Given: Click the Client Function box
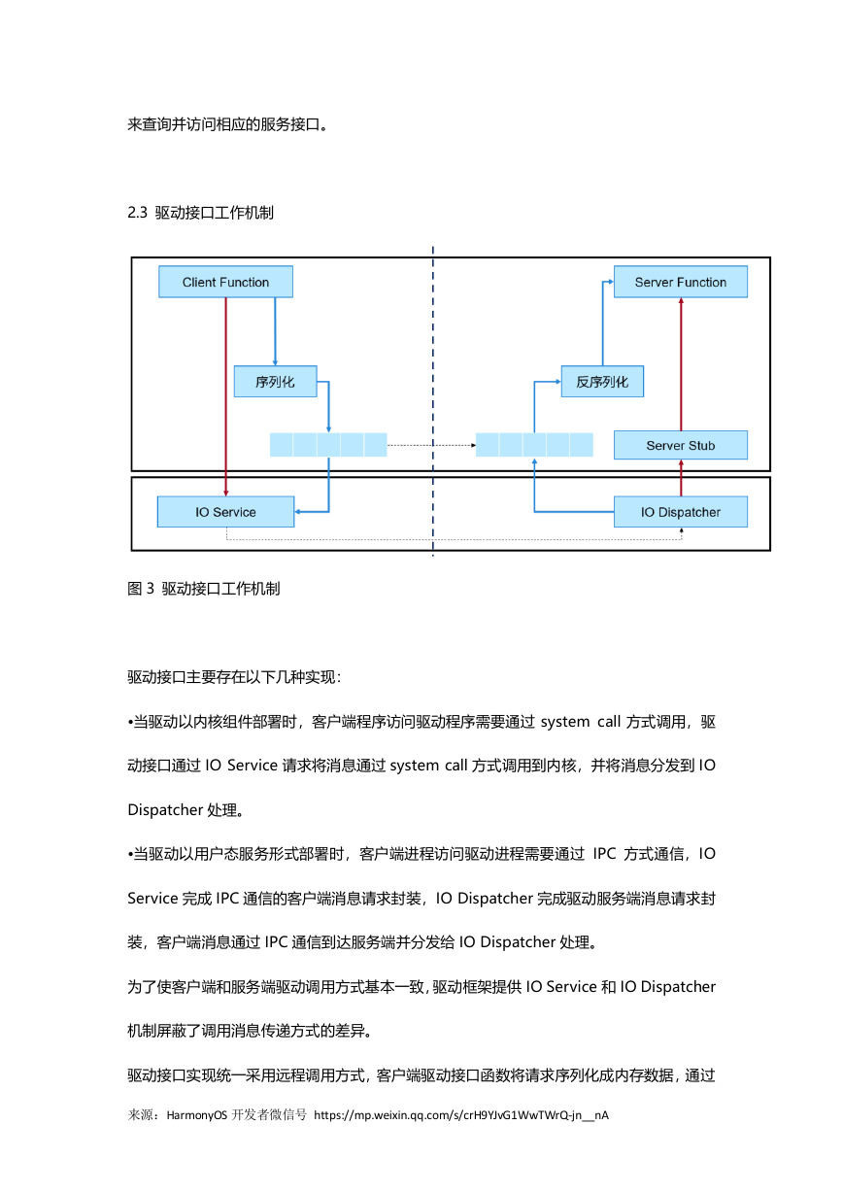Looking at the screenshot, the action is tap(225, 282).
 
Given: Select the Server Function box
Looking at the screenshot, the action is tap(680, 282).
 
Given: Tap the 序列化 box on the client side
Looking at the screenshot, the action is tap(275, 382).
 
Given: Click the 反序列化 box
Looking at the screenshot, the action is tap(602, 382).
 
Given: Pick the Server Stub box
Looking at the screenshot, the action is tap(681, 445).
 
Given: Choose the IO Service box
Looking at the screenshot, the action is tap(225, 512).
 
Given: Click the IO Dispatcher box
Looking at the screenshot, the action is tap(681, 512).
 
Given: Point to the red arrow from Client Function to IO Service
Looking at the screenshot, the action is tap(225, 396).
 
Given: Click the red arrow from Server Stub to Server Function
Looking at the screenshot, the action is tap(681, 364).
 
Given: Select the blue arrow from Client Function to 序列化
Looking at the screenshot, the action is tap(275, 331).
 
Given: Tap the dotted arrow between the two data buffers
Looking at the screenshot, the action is tap(431, 445).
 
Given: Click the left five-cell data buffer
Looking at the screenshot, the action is tap(328, 445).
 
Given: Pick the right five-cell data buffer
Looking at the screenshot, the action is tap(534, 445).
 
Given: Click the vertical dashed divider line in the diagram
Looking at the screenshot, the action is tap(433, 401).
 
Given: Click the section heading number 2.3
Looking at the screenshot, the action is tap(137, 213).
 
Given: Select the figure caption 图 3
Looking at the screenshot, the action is tap(141, 589).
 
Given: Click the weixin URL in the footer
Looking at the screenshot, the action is tap(461, 1114).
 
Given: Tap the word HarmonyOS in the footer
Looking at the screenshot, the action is tap(197, 1114).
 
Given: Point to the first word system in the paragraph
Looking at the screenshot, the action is tap(565, 722).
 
